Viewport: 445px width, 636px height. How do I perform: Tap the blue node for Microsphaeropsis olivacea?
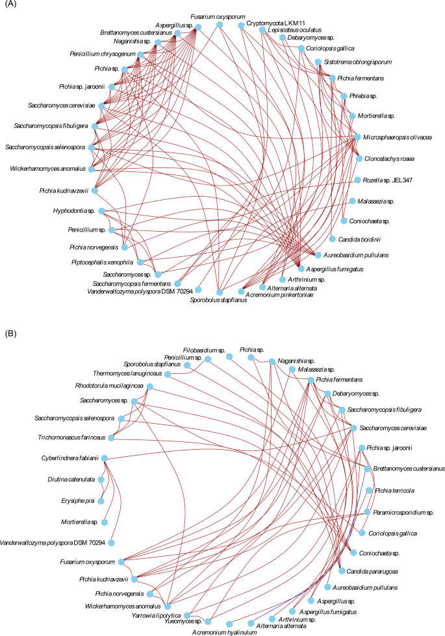(x=357, y=138)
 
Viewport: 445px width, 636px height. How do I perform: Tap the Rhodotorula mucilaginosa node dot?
(x=150, y=386)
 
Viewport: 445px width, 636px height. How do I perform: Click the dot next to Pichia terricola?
(x=368, y=490)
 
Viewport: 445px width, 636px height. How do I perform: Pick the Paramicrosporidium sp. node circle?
(x=367, y=512)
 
